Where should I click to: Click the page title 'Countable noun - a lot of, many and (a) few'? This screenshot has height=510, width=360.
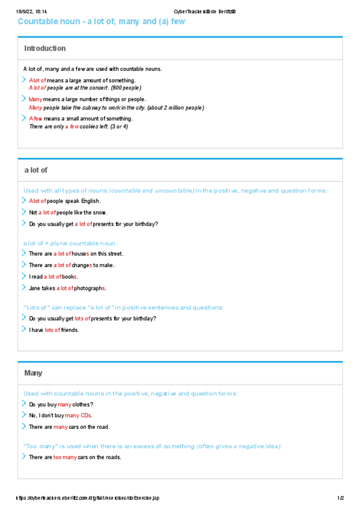[x=101, y=22]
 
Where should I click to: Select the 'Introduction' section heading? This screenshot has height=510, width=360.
[x=45, y=48]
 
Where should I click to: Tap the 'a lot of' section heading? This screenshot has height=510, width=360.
[x=36, y=170]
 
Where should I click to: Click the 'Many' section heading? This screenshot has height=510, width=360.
[x=34, y=373]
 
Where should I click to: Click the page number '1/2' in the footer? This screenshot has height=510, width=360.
[x=340, y=498]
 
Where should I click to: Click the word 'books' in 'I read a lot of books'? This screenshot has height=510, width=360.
[x=70, y=277]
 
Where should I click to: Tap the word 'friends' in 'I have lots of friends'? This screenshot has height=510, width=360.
[x=70, y=330]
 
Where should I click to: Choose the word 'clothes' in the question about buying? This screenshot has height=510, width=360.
[x=82, y=404]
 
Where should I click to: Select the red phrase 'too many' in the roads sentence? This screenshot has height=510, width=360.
[x=65, y=457]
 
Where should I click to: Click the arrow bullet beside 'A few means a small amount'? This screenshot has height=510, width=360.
[x=23, y=118]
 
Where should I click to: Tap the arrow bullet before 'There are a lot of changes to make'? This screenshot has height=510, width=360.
[x=23, y=265]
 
